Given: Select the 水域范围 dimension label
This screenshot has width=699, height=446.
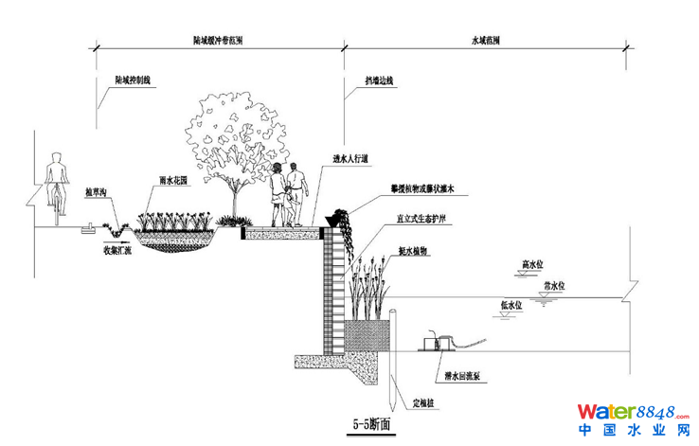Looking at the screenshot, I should pos(486,41).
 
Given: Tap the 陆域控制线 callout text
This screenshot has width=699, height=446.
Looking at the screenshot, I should pos(133,81).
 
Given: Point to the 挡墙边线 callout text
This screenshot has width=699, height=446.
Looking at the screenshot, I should pos(380,81).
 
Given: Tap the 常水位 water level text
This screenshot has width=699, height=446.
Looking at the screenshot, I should pos(554,284).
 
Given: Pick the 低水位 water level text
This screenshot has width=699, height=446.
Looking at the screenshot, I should pos(510,305).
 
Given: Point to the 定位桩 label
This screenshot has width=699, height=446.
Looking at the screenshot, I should pos(426,404).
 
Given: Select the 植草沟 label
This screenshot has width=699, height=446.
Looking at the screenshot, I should pos(99,191).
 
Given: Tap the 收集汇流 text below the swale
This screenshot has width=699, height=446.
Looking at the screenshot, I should pos(117,251).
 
